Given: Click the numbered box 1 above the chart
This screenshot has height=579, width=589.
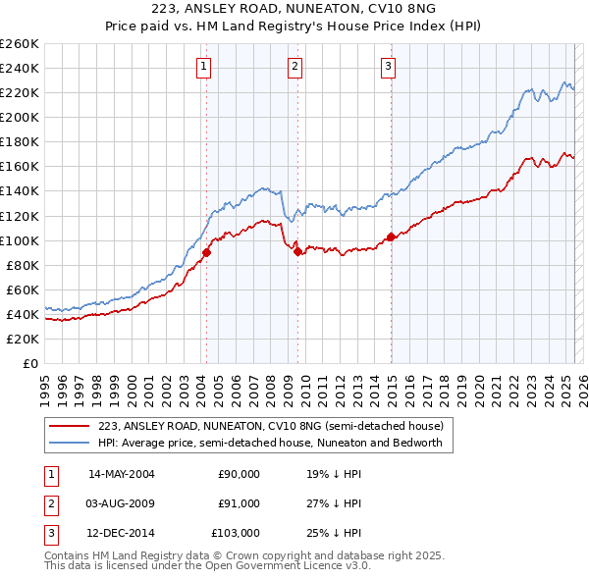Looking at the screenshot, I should coord(203,67).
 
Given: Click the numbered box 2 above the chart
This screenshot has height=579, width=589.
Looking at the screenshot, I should coord(294,67).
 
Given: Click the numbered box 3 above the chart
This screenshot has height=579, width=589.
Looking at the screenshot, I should coord(388,67).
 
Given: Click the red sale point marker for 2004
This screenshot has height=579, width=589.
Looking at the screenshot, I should coord(206,252).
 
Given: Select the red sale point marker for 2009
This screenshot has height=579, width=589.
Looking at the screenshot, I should coord(297,251).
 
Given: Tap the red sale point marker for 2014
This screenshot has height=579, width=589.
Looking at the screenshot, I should coord(391,237).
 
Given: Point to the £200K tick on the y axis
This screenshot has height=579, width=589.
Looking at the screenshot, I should coord(20,117).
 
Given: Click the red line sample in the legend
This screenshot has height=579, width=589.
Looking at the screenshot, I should coord(69,426).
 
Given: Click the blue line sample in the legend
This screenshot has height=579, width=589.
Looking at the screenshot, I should coord(69,443).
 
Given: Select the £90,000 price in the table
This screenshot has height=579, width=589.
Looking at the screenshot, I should coord(240,474).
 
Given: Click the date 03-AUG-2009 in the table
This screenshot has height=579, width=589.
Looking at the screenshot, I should coord(121,503).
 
